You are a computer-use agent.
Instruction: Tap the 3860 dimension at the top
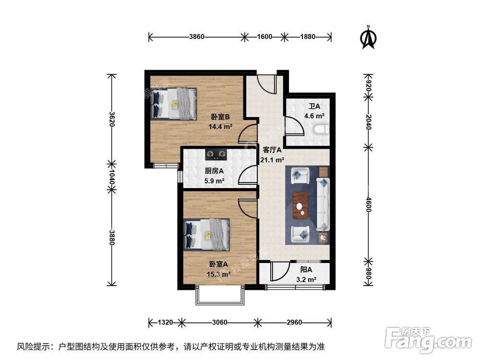[x=196, y=36]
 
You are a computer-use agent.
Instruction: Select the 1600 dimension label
[x=264, y=36]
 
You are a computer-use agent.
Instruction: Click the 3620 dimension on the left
[x=112, y=119]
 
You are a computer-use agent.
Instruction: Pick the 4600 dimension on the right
[x=368, y=204]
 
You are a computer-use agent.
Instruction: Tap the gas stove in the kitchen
[x=216, y=155]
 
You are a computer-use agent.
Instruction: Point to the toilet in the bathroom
[x=321, y=129]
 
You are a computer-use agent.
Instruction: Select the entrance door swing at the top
[x=266, y=84]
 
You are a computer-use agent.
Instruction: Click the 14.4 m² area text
[x=220, y=127]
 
